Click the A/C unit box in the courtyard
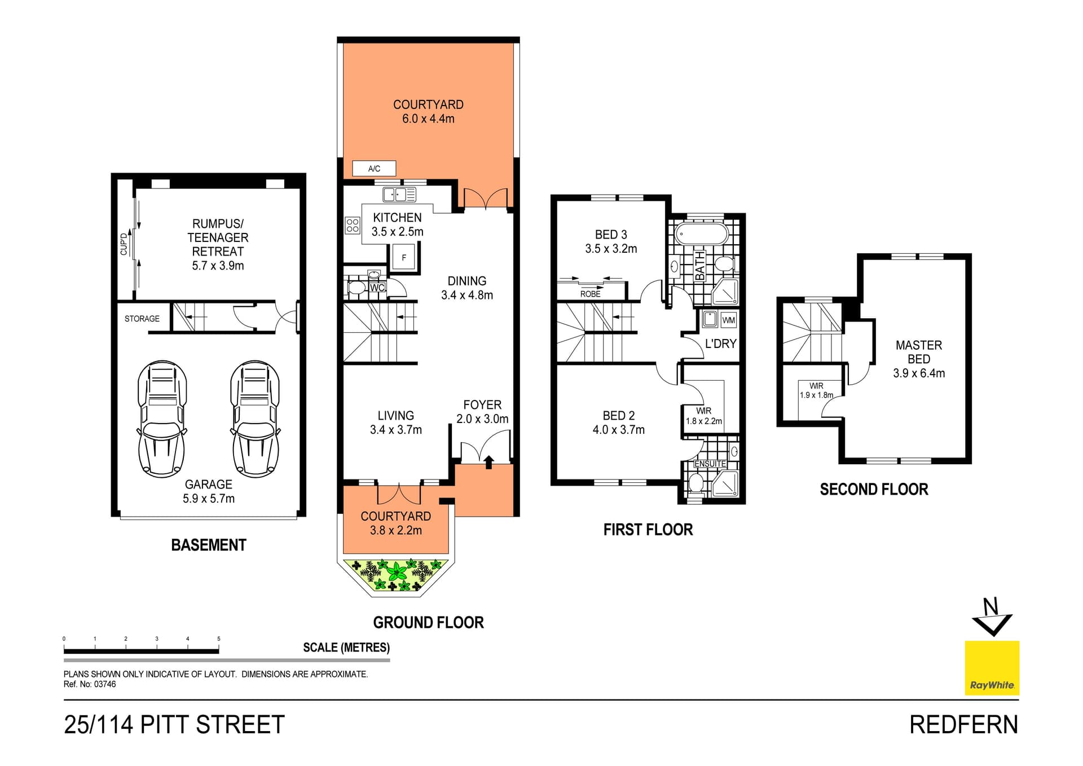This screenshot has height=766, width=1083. pyautogui.click(x=373, y=168)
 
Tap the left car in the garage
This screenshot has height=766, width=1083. pyautogui.click(x=162, y=419)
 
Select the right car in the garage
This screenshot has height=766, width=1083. pyautogui.click(x=255, y=419)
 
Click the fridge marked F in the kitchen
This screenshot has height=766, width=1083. pyautogui.click(x=404, y=258)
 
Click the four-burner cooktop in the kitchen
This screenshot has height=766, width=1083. pyautogui.click(x=353, y=226)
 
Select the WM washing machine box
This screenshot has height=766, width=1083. pyautogui.click(x=728, y=320)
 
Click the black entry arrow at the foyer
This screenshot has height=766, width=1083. pyautogui.click(x=488, y=462)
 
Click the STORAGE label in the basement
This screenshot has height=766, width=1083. pyautogui.click(x=142, y=319)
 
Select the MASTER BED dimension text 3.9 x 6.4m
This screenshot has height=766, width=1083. pyautogui.click(x=918, y=373)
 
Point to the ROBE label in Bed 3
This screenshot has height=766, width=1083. pyautogui.click(x=590, y=294)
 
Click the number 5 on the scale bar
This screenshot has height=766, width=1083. pyautogui.click(x=218, y=639)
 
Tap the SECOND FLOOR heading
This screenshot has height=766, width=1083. pyautogui.click(x=873, y=489)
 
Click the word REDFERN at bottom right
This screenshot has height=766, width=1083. pyautogui.click(x=963, y=724)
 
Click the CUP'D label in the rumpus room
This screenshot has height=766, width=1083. pyautogui.click(x=124, y=244)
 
